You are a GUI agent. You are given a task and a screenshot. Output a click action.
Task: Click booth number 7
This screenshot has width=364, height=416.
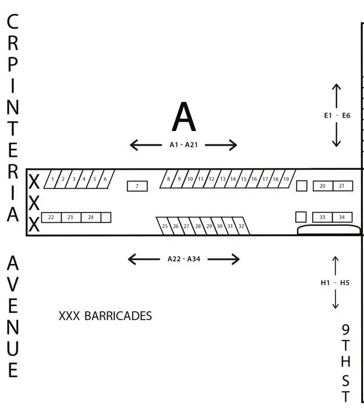(x=137, y=186)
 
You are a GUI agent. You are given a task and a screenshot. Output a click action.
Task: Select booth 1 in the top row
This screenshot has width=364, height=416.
(x=52, y=179)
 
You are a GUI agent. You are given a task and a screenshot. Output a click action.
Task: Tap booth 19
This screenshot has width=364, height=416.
(x=286, y=179)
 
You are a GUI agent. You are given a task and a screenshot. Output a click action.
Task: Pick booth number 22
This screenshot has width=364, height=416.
(x=51, y=217)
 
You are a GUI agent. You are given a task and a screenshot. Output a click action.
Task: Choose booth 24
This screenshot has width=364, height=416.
(x=91, y=217)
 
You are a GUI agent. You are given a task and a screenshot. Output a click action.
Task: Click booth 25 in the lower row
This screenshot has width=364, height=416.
(x=165, y=226)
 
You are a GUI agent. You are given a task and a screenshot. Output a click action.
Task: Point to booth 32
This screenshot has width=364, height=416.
(x=241, y=226)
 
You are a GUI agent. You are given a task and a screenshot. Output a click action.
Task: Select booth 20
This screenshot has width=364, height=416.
(x=323, y=186)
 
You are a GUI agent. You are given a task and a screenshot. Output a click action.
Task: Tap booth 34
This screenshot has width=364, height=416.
(x=342, y=217)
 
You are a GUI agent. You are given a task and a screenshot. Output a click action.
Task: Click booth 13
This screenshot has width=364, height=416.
(x=222, y=179)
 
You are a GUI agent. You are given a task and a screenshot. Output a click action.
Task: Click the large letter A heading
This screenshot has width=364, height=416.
(x=183, y=117)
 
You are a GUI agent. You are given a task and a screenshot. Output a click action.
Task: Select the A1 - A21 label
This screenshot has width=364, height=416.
(x=183, y=145)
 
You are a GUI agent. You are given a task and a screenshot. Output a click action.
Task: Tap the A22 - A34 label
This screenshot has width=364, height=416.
(x=183, y=259)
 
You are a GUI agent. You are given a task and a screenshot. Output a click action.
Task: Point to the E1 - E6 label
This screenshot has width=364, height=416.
(x=337, y=115)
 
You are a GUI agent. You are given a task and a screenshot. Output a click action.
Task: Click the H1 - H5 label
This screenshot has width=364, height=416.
(x=335, y=283)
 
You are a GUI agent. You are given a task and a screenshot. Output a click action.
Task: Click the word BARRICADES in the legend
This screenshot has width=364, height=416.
(x=118, y=316)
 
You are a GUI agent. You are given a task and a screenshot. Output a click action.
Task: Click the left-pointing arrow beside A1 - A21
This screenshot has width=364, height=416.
(x=146, y=145)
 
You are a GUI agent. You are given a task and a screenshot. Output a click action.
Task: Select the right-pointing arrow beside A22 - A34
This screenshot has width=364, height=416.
(x=224, y=259)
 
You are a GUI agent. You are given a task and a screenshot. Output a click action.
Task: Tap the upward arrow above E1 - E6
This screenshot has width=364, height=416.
(x=337, y=96)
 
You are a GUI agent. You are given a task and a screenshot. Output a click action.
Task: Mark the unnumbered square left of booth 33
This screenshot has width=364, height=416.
(x=301, y=217)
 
